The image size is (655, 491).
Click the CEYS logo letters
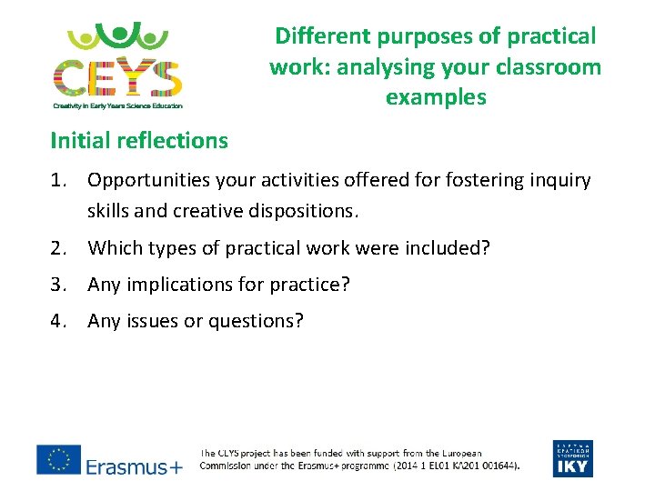117,76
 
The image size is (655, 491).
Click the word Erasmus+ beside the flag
134,467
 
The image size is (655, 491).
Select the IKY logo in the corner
571,458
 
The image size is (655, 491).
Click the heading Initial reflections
139,141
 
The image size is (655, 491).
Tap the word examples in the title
436,97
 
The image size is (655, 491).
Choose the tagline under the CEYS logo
117,106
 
